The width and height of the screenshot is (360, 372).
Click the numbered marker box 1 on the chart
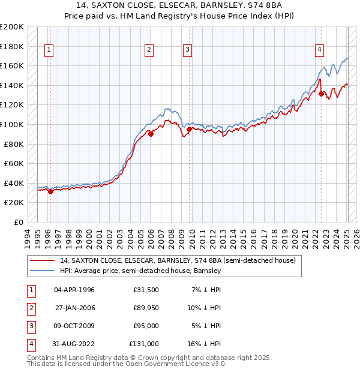pyautogui.click(x=49, y=50)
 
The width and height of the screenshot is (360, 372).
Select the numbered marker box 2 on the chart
pyautogui.click(x=149, y=50)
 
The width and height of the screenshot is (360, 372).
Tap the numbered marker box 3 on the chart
pyautogui.click(x=188, y=50)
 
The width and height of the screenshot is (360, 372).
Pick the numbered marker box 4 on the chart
pyautogui.click(x=320, y=50)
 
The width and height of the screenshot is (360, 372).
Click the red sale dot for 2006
pyautogui.click(x=151, y=134)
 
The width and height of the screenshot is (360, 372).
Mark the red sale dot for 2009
pyautogui.click(x=189, y=129)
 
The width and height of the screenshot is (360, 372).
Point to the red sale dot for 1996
pyautogui.click(x=50, y=191)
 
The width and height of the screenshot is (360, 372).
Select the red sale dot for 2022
pyautogui.click(x=322, y=94)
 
